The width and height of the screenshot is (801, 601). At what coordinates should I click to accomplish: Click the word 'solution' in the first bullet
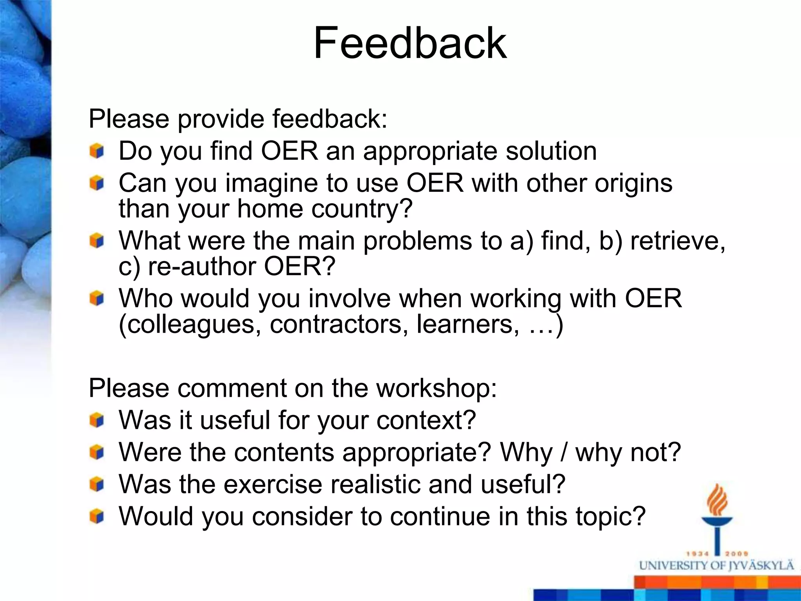[551, 151]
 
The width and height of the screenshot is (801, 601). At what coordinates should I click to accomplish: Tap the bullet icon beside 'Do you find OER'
[97, 151]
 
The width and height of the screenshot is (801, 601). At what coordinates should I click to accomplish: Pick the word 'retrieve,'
[678, 240]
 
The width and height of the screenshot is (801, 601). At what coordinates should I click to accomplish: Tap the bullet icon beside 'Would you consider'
[97, 516]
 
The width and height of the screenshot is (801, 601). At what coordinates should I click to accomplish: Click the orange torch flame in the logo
[717, 500]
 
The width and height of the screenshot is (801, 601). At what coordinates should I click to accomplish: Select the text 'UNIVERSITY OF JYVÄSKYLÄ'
[717, 566]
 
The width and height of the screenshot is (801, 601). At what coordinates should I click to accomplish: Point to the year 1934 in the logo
[697, 554]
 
